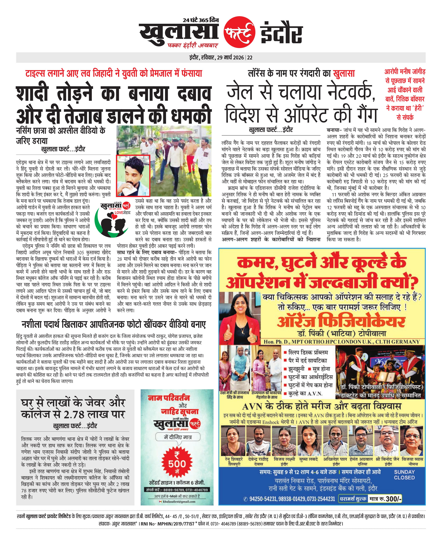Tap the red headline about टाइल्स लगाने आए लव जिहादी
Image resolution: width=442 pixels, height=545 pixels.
tap(114, 74)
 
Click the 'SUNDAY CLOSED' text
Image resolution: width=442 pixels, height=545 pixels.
tap(404, 474)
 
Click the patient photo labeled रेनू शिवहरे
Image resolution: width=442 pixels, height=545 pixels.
tap(234, 442)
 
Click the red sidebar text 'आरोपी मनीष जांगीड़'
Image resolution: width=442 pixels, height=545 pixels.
tap(405, 72)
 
